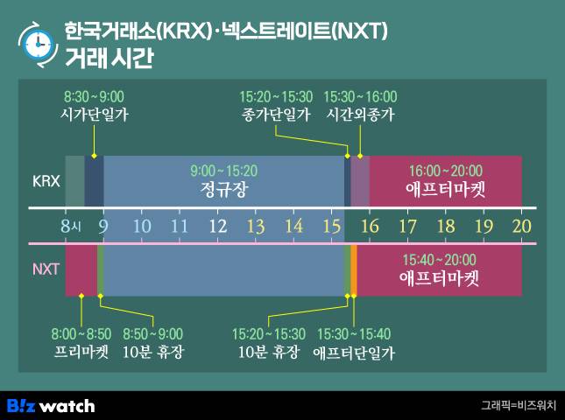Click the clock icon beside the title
tap(38, 45)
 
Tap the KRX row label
tap(46, 181)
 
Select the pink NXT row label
tap(46, 269)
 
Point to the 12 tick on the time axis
tap(218, 227)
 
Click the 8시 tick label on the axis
tap(71, 227)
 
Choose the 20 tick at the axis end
tap(522, 227)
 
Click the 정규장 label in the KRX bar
tap(224, 189)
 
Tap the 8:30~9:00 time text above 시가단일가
tap(94, 97)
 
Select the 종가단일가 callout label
tap(276, 115)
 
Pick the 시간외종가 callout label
tap(360, 115)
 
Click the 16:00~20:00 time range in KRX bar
tap(446, 171)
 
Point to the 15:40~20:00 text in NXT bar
tap(439, 260)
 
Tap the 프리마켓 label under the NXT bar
tap(81, 351)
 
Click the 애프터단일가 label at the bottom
tap(354, 353)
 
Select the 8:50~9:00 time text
tap(152, 334)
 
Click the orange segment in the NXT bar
tap(354, 270)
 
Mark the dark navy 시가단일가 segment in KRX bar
tap(94, 181)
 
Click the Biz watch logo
tap(51, 406)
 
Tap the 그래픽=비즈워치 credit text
tap(519, 405)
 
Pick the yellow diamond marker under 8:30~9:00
tap(94, 156)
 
